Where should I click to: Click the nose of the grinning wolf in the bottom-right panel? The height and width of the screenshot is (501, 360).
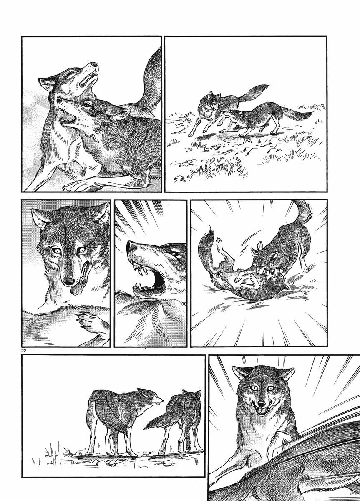pyautogui.click(x=262, y=404)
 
